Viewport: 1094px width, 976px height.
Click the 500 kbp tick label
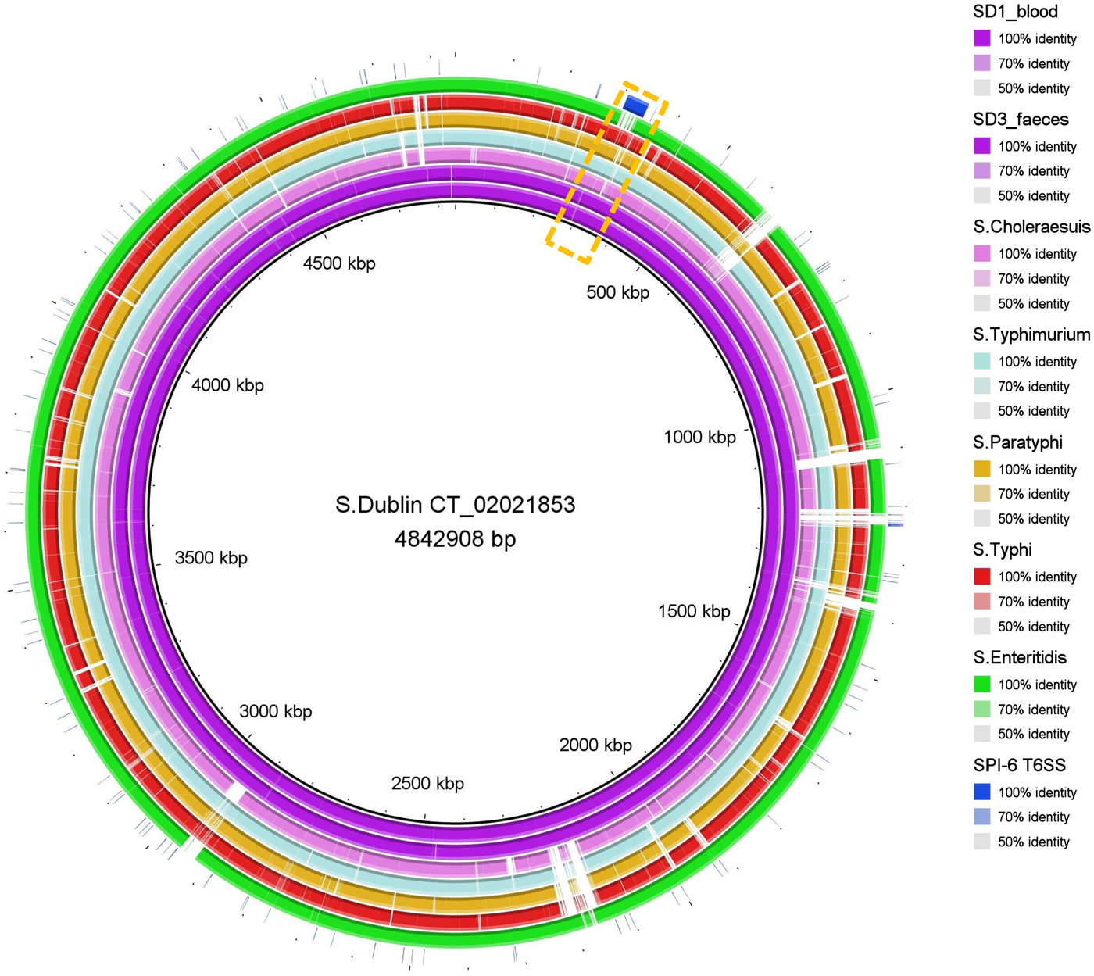point(617,292)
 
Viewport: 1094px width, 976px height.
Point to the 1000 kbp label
point(699,437)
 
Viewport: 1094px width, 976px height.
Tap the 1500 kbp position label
point(694,611)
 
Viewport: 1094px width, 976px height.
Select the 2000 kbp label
point(595,745)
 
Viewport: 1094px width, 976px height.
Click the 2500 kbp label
point(427,783)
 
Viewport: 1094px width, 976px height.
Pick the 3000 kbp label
point(275,711)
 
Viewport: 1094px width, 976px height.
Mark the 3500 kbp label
point(211,558)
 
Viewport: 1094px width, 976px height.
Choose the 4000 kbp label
point(227,385)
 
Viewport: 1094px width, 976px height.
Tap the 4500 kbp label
point(339,263)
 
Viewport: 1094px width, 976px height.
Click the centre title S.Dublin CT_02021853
point(455,505)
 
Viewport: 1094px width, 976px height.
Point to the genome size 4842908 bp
point(455,539)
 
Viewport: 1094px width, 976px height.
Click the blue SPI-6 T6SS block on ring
point(635,105)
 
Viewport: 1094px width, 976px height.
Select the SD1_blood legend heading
point(1015,12)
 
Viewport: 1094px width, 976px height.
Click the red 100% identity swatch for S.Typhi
point(982,577)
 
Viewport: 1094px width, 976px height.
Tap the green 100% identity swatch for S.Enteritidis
point(982,685)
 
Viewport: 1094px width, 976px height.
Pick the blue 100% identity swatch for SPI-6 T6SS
point(982,792)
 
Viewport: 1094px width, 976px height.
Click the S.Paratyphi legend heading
point(1017,442)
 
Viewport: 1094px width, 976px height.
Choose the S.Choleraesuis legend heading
point(1031,227)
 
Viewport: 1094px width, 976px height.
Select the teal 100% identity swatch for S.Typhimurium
point(982,361)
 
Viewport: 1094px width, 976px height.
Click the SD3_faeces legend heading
point(1021,120)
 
